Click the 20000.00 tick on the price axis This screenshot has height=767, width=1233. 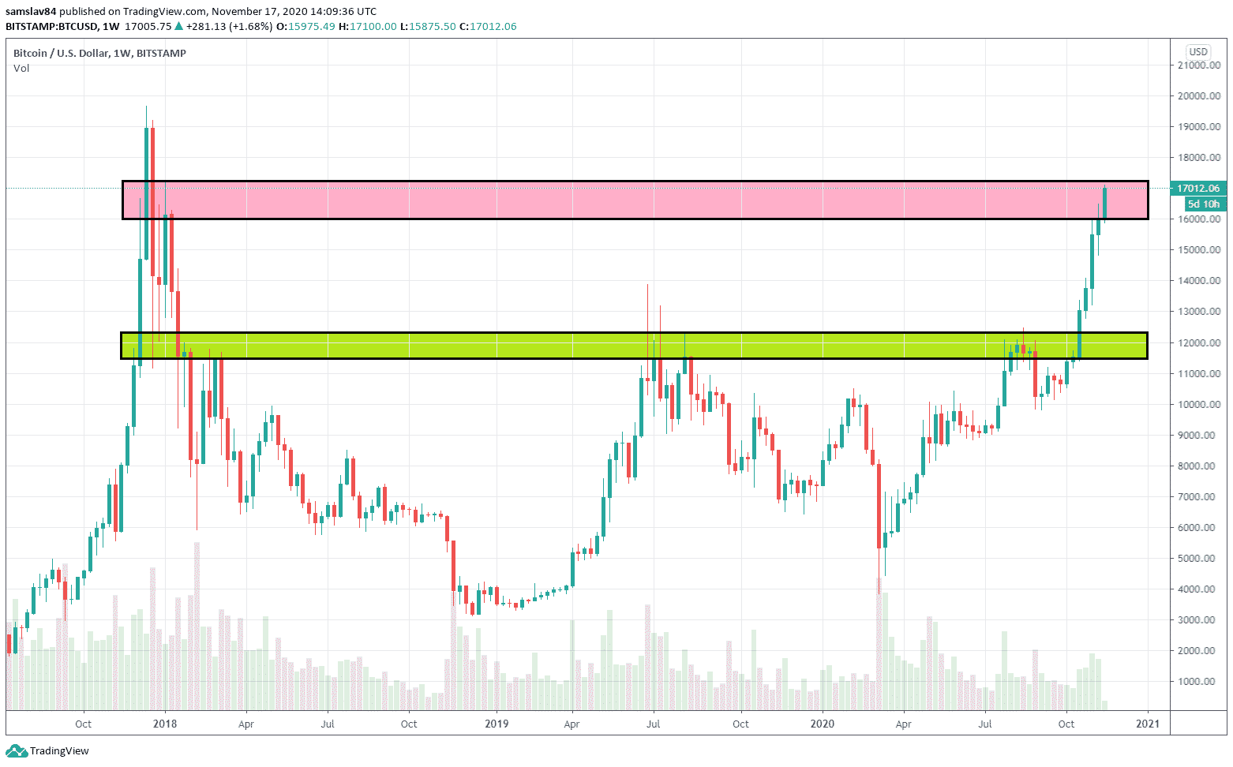(x=1198, y=96)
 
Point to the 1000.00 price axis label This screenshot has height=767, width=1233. (x=1201, y=682)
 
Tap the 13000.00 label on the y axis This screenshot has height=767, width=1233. (x=1198, y=312)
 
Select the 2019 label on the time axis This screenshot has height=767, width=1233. (x=497, y=724)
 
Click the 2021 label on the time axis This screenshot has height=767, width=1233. (x=1148, y=724)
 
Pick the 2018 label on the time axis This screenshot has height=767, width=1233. (x=165, y=724)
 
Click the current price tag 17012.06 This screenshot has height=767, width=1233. (x=1197, y=189)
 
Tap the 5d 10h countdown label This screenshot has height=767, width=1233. (x=1203, y=204)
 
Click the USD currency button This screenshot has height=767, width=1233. (x=1198, y=52)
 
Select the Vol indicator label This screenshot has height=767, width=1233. (x=21, y=69)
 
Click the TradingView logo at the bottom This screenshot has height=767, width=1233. (x=48, y=751)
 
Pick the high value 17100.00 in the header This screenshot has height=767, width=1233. (x=373, y=27)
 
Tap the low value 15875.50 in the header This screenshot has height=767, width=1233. (x=433, y=27)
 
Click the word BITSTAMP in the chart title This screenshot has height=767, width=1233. (x=162, y=54)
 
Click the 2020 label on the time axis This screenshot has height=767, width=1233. (x=823, y=724)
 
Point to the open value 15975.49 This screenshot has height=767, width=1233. (x=312, y=27)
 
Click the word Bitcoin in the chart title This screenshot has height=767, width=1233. (x=31, y=54)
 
